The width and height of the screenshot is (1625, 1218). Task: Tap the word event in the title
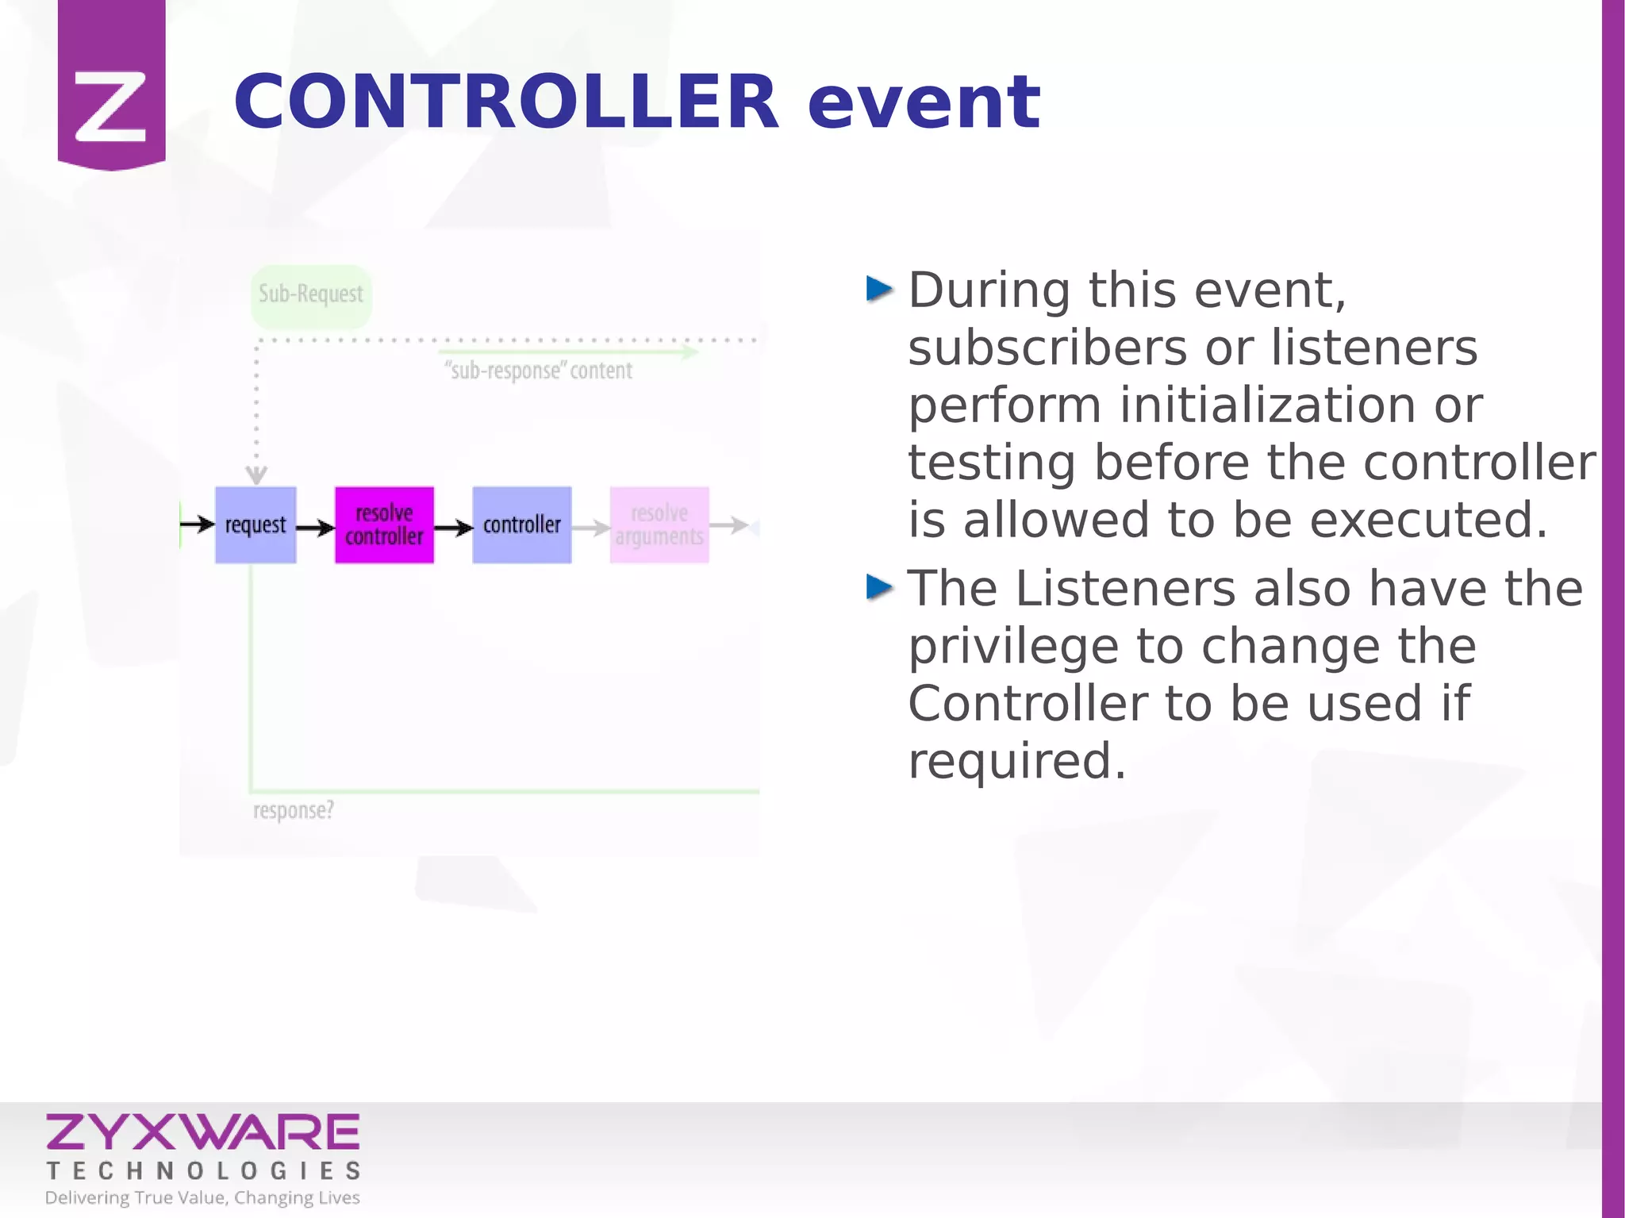point(924,103)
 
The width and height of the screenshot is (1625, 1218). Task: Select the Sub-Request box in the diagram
point(311,295)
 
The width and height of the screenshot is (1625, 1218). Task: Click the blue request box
point(255,525)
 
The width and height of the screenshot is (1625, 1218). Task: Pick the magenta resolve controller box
point(384,525)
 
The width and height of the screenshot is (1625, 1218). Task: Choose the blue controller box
point(521,525)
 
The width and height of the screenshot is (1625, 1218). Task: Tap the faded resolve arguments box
point(659,525)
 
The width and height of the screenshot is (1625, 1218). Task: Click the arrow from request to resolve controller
point(316,528)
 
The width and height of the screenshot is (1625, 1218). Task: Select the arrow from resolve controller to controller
point(453,528)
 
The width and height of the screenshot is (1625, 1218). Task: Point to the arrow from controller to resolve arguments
point(590,528)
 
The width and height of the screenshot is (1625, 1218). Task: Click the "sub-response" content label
point(540,371)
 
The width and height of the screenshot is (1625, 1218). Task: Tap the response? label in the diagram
point(293,811)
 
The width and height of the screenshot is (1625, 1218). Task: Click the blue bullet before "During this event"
point(879,289)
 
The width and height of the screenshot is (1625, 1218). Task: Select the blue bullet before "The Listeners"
point(879,587)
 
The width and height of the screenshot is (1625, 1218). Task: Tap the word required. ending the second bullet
point(1016,761)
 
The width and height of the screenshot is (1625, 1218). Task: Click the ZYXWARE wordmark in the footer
point(203,1132)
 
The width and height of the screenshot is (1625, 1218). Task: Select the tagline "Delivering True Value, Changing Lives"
point(202,1197)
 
